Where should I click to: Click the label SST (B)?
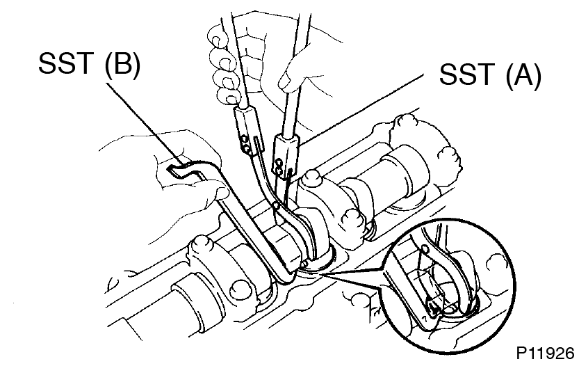tap(90, 63)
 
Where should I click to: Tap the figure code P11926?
tap(546, 353)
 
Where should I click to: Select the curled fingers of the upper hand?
tap(222, 65)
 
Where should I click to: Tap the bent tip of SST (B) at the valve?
tap(287, 276)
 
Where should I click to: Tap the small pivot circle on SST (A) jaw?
tap(275, 205)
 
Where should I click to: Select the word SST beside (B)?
tap(65, 63)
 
